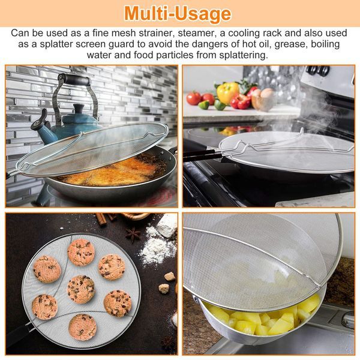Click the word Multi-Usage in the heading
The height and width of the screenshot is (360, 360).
tap(178, 14)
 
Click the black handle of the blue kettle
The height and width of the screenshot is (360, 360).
tap(74, 80)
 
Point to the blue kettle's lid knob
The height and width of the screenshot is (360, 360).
tap(79, 109)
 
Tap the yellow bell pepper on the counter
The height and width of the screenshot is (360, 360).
tap(227, 93)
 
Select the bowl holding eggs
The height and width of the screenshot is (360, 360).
tap(263, 102)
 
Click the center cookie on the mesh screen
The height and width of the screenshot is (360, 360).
tap(81, 289)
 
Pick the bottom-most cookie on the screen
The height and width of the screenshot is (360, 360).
tap(82, 327)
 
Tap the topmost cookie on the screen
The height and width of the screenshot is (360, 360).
tap(81, 253)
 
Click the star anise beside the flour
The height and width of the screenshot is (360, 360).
tap(133, 235)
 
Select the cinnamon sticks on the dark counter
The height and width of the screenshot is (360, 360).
tap(104, 218)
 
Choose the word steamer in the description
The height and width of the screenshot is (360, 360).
tap(196, 33)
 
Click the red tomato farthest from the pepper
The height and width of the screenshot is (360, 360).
tap(194, 98)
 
